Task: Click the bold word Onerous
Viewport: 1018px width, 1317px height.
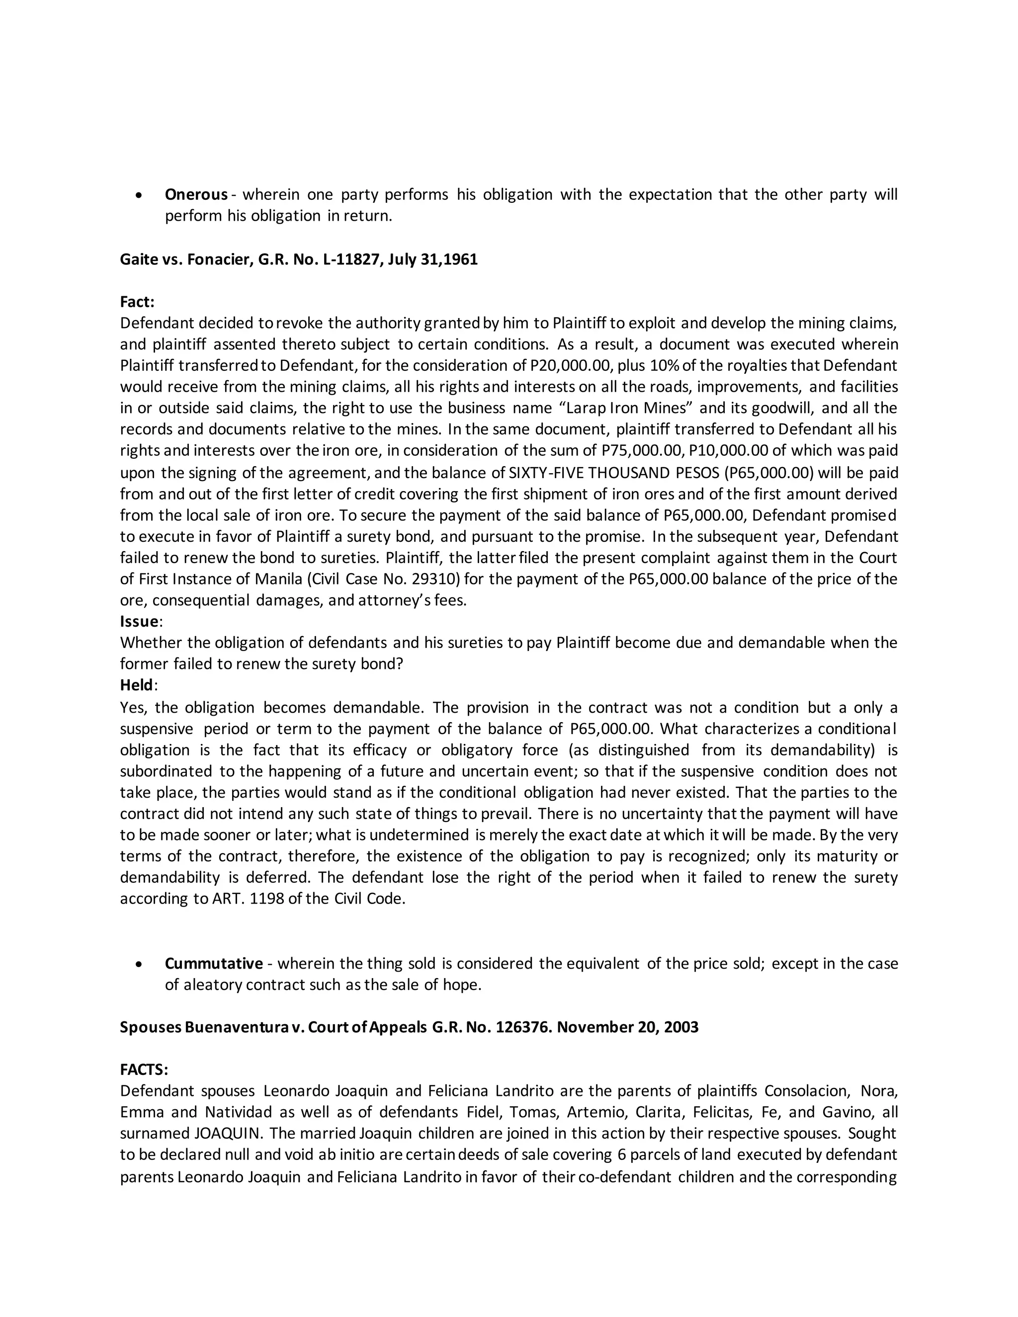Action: tap(196, 195)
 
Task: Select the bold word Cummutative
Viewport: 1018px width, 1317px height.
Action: tap(213, 963)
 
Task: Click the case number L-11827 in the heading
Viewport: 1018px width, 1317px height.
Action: tap(346, 259)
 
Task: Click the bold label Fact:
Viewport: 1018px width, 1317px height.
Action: tap(137, 302)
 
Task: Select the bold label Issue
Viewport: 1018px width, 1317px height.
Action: tap(139, 621)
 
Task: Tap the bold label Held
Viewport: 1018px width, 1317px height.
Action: tap(137, 685)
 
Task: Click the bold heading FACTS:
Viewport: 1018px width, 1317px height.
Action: tap(144, 1070)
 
